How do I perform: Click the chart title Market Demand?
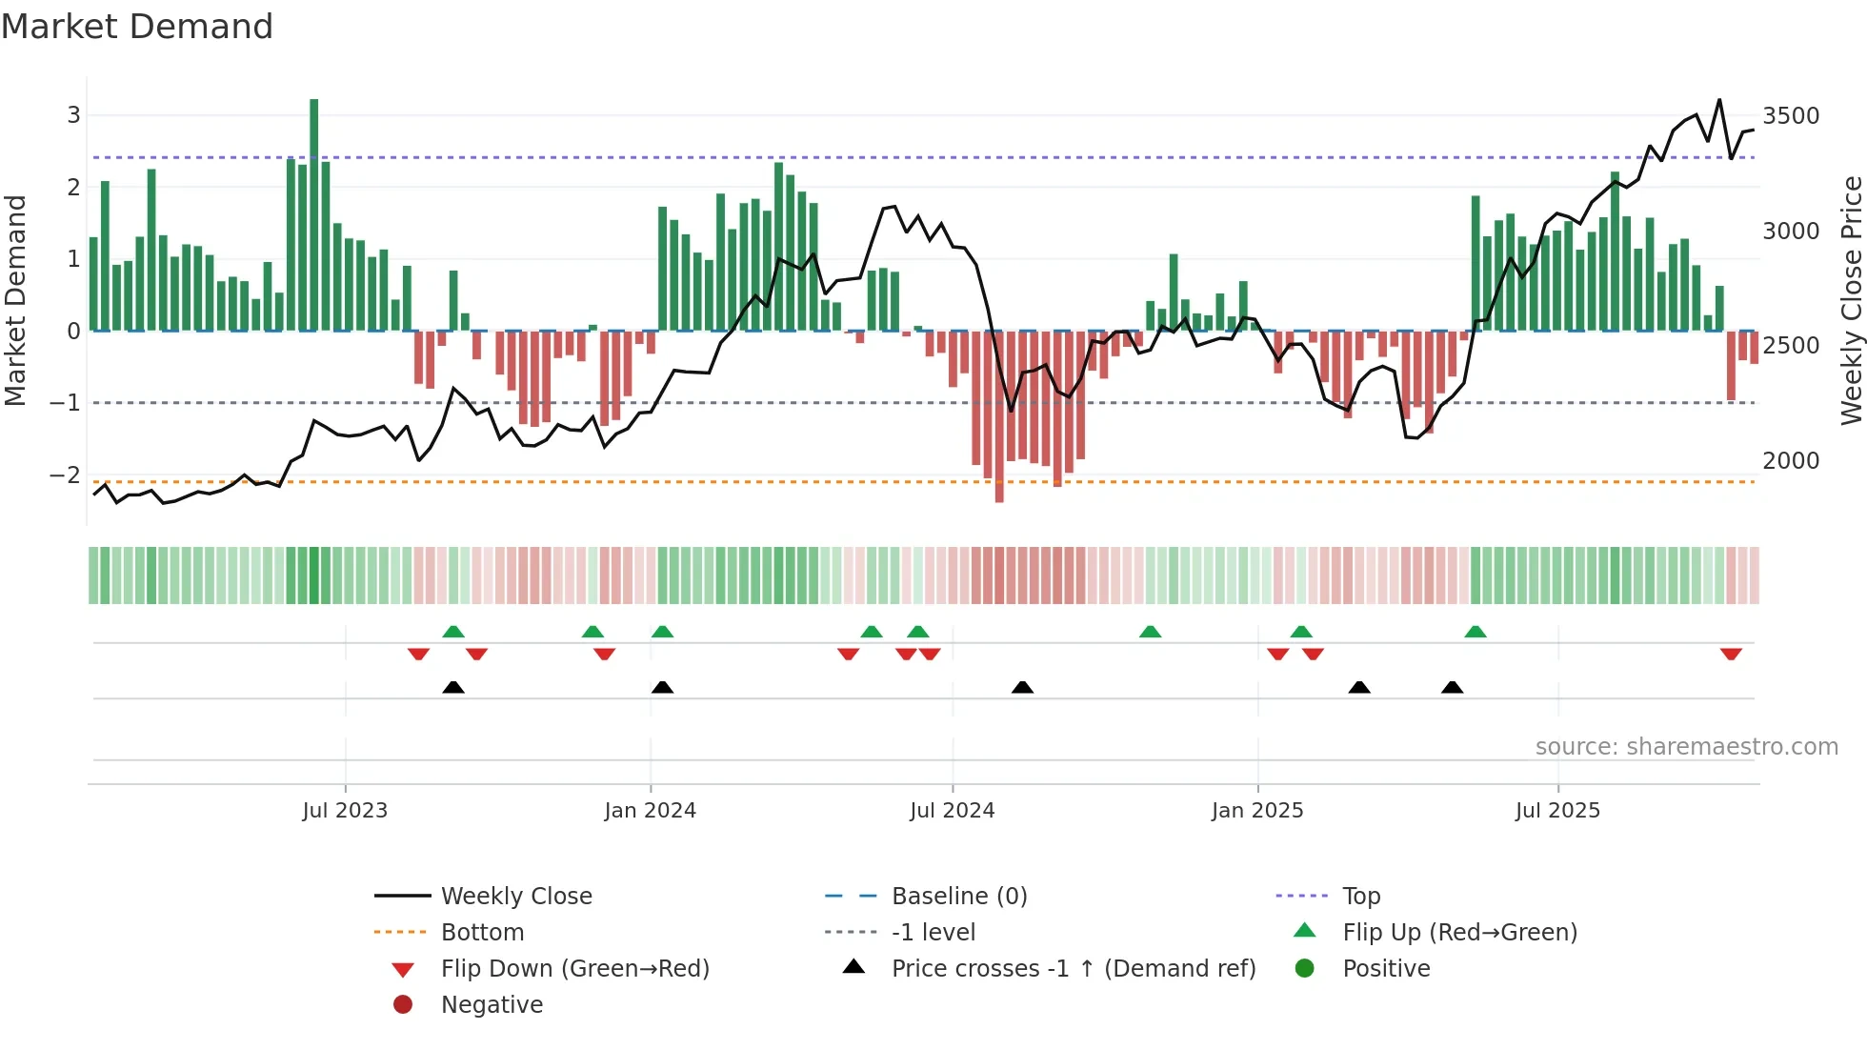137,27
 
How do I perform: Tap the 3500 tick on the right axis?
1790,116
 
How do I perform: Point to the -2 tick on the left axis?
66,475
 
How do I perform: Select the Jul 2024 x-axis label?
952,811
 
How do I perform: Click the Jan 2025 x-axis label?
1256,811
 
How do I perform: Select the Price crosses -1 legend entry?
1073,969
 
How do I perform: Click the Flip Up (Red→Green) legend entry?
1459,933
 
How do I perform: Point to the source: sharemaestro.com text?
1686,747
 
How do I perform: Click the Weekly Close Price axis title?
1851,300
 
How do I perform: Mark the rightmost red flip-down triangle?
1731,654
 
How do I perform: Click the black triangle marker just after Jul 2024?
1022,687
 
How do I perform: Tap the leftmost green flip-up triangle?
453,632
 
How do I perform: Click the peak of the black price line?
1719,100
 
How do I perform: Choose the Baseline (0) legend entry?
958,897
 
